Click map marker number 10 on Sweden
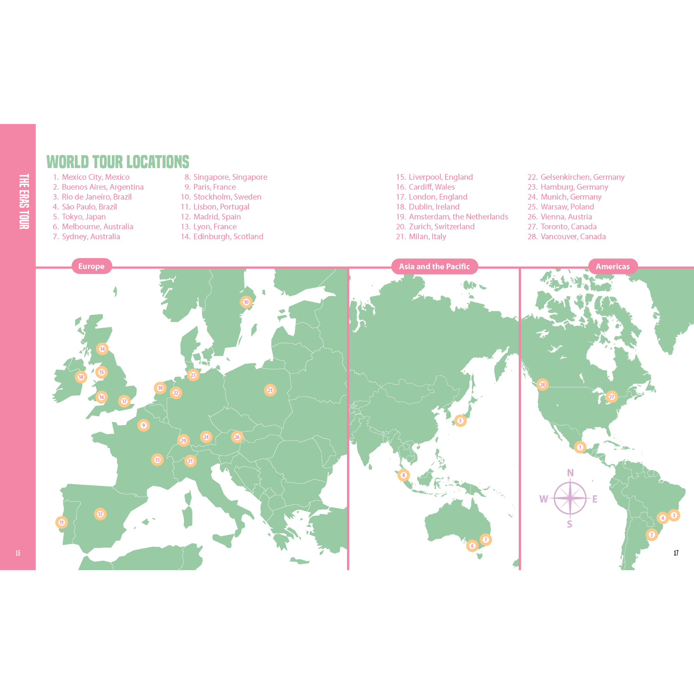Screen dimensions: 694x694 (x=246, y=302)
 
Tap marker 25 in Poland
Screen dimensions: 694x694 (x=270, y=390)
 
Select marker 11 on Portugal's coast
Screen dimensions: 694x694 (x=62, y=522)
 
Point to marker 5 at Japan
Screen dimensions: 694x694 (x=460, y=421)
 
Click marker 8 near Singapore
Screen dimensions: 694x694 (x=403, y=475)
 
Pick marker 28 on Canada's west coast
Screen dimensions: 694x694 (x=543, y=385)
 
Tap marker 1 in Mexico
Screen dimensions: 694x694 (x=580, y=447)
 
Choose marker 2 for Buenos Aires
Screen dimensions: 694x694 (x=652, y=534)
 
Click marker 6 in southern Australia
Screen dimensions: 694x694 (x=472, y=546)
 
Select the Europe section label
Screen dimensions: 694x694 (x=91, y=266)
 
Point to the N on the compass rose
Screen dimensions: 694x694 (x=570, y=473)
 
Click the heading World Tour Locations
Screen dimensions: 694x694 (x=118, y=162)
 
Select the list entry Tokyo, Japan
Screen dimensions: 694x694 (x=83, y=217)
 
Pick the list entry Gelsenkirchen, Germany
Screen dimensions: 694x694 (x=582, y=177)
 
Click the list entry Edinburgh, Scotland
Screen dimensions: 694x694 (x=228, y=237)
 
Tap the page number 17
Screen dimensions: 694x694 (x=676, y=553)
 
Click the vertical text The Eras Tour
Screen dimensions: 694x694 (x=24, y=201)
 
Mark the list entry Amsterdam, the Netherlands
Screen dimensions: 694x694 (x=458, y=217)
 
